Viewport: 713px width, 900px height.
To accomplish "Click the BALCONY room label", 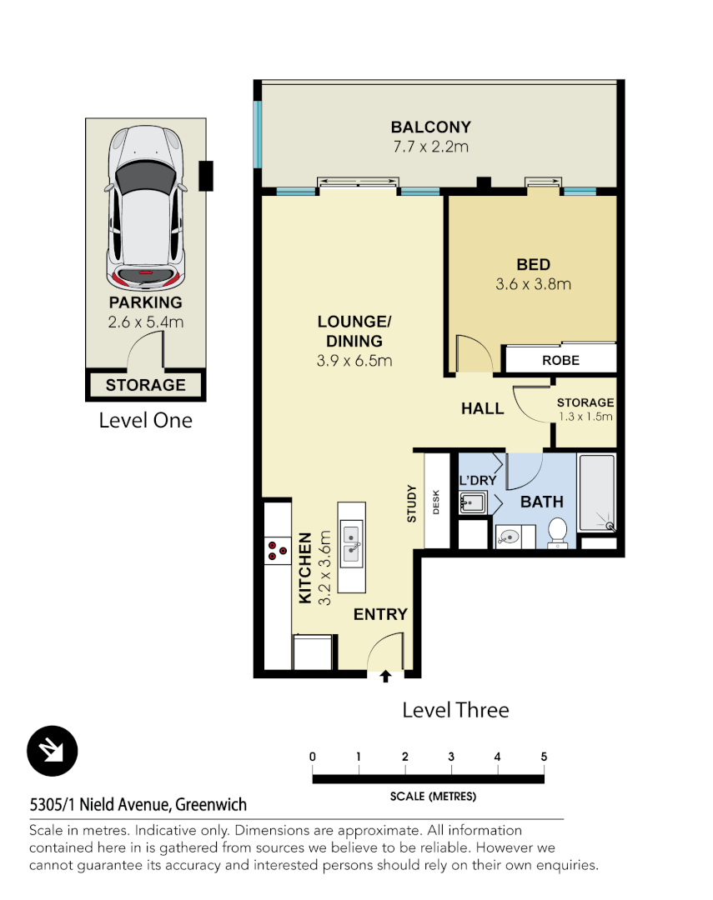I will [x=431, y=127].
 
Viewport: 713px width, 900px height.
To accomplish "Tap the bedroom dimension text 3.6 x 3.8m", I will [x=533, y=284].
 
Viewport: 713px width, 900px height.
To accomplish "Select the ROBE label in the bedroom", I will [x=560, y=361].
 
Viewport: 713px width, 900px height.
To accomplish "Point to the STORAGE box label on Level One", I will [x=145, y=385].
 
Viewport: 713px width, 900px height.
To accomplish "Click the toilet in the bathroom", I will [x=557, y=531].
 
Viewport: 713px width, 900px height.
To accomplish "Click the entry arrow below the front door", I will [x=385, y=676].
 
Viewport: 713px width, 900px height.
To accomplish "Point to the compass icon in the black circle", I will [x=53, y=751].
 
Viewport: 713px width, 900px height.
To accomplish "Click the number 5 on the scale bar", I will [x=544, y=757].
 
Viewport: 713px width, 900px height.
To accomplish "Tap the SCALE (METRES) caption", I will [x=433, y=797].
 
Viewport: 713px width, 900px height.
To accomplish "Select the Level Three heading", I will [x=455, y=710].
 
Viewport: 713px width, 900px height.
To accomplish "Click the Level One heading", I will [x=145, y=420].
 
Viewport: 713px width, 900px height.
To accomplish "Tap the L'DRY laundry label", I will [x=478, y=481].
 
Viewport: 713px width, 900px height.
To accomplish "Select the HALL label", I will [x=483, y=408].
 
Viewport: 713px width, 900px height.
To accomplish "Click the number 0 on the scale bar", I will [x=313, y=757].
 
